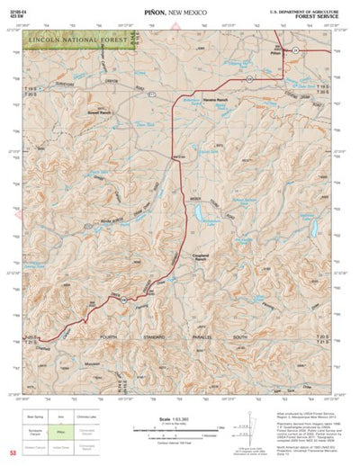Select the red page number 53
tap(12, 450)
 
